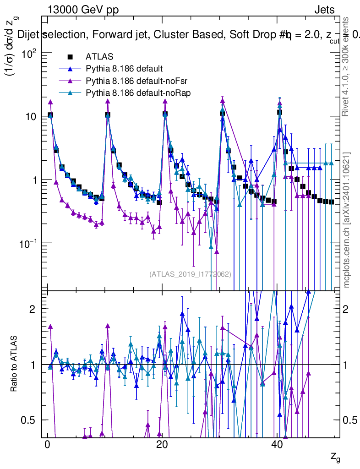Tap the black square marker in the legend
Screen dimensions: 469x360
70,57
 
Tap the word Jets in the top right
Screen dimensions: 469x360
324,10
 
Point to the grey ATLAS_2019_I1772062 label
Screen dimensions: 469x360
190,274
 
